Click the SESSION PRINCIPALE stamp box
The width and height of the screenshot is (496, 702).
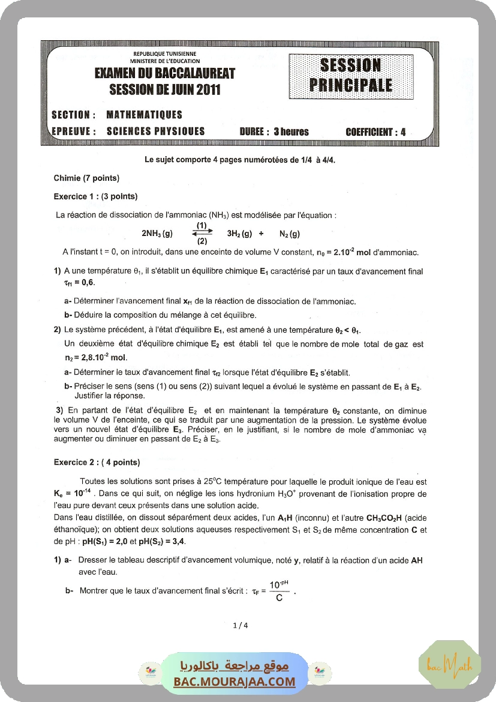350,75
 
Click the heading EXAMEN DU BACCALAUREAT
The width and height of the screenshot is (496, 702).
165,73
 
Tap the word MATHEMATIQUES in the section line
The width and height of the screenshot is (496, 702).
144,115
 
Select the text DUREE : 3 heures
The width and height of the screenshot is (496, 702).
274,132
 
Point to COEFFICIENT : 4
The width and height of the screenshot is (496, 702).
375,132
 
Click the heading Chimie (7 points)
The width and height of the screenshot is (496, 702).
86,178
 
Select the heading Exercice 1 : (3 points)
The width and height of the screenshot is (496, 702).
95,196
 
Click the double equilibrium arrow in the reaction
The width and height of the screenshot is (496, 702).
202,233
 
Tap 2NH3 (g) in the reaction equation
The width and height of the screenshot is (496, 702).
157,234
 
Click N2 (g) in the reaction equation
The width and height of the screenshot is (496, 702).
290,234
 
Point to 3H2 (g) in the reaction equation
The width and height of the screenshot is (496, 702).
239,234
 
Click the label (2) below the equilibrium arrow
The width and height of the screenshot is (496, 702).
202,241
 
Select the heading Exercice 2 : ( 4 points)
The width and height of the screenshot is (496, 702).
97,462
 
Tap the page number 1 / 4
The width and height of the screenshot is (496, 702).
240,625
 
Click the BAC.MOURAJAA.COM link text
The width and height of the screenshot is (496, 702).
235,682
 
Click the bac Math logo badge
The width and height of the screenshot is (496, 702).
450,664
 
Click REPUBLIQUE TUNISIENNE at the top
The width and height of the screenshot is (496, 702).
165,54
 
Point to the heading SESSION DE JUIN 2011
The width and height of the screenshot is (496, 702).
165,90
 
